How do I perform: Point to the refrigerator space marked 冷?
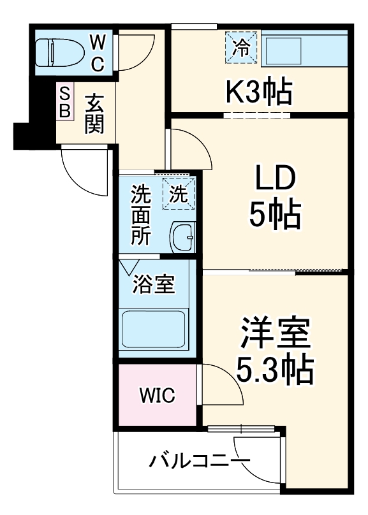pos(240,47)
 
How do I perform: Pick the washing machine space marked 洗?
pos(178,193)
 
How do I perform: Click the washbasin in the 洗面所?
pos(183,238)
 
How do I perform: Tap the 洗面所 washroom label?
pos(142,215)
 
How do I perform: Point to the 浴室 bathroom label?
pos(153,284)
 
